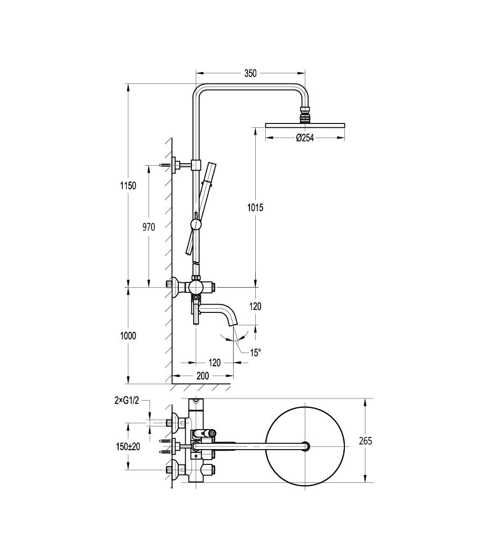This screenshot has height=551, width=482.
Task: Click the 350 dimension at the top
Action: pyautogui.click(x=250, y=73)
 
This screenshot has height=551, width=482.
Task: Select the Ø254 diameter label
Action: pyautogui.click(x=305, y=138)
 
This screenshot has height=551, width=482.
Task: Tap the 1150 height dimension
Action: pyautogui.click(x=128, y=185)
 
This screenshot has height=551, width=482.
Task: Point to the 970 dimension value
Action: pyautogui.click(x=148, y=227)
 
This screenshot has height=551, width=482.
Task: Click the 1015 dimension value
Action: pyautogui.click(x=255, y=207)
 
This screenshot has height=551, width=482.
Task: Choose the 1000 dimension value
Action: pyautogui.click(x=128, y=336)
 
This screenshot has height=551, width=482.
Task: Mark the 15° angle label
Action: pyautogui.click(x=255, y=353)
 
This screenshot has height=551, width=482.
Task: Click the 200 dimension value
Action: pyautogui.click(x=203, y=376)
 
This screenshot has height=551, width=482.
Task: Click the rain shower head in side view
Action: pyautogui.click(x=305, y=125)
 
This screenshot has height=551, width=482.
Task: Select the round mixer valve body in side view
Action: pyautogui.click(x=196, y=288)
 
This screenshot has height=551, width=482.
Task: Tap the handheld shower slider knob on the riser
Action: pyautogui.click(x=196, y=224)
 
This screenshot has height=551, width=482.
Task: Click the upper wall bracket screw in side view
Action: pyautogui.click(x=166, y=165)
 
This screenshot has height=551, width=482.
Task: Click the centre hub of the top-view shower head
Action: pyautogui.click(x=305, y=446)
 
